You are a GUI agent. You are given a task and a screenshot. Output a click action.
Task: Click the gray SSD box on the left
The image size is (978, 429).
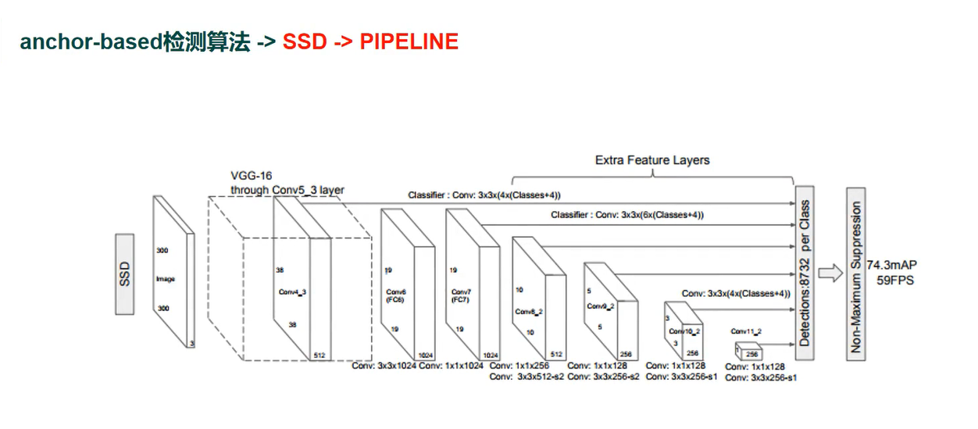point(124,274)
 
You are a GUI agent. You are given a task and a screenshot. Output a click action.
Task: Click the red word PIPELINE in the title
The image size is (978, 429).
point(409,42)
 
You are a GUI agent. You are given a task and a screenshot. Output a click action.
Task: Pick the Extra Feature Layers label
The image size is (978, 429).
point(652,160)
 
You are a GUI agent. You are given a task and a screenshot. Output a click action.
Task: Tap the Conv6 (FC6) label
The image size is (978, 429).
point(394,295)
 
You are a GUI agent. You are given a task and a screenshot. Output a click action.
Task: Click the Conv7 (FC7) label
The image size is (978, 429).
point(460,295)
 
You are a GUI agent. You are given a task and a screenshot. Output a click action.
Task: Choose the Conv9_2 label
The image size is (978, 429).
point(600,306)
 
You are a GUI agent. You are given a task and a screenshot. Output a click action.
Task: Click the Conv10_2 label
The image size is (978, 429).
point(684,331)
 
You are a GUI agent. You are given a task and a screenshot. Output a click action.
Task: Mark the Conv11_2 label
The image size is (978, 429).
point(747,331)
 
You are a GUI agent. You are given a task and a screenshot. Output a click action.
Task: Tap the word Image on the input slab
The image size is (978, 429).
point(164,279)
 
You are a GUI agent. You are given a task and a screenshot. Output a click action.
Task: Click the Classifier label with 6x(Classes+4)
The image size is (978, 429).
point(627,214)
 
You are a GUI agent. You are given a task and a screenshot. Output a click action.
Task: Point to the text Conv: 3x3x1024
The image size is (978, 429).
point(384,365)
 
